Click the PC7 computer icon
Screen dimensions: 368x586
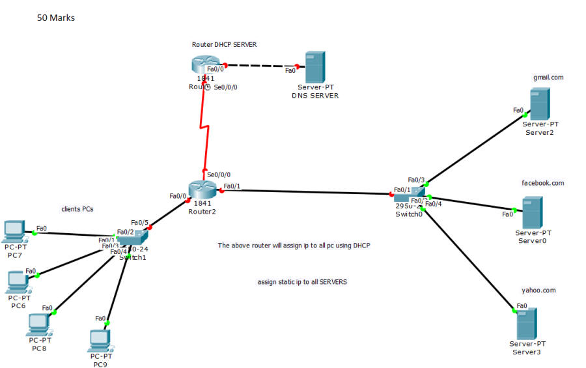pyautogui.click(x=14, y=231)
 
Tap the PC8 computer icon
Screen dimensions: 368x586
pyautogui.click(x=39, y=324)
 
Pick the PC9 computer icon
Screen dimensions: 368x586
pyautogui.click(x=100, y=339)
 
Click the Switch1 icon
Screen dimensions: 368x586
pyautogui.click(x=135, y=240)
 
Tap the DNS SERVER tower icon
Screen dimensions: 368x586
pyautogui.click(x=314, y=66)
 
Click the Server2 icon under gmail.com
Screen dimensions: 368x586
pyautogui.click(x=539, y=104)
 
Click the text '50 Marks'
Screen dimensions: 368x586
pyautogui.click(x=56, y=18)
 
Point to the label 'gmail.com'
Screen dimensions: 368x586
pyautogui.click(x=548, y=77)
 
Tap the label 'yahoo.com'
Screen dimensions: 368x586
pyautogui.click(x=539, y=290)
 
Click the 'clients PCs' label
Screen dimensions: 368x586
pyautogui.click(x=77, y=209)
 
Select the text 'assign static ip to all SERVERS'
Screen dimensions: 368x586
pyautogui.click(x=302, y=282)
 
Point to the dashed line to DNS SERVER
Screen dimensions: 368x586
pyautogui.click(x=260, y=66)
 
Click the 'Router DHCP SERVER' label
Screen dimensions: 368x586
pyautogui.click(x=224, y=45)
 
